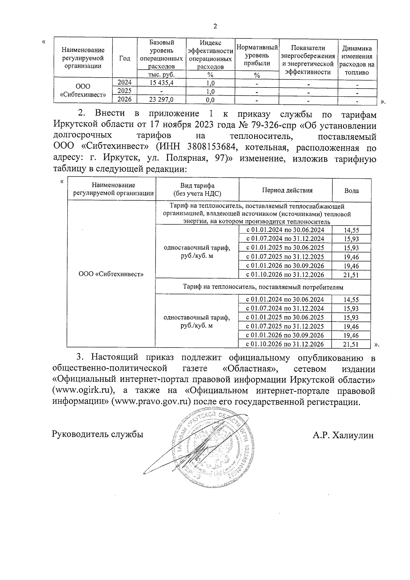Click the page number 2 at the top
click(x=215, y=27)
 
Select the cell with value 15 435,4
click(x=162, y=83)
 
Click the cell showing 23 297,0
click(x=162, y=100)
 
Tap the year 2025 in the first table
click(x=124, y=91)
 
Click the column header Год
click(x=124, y=58)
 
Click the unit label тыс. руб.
click(x=162, y=75)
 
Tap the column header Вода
click(x=351, y=191)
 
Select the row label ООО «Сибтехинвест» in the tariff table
click(x=111, y=274)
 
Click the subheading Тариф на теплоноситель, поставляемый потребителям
click(x=263, y=287)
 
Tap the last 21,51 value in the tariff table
click(x=351, y=345)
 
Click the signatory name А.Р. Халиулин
click(x=343, y=435)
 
